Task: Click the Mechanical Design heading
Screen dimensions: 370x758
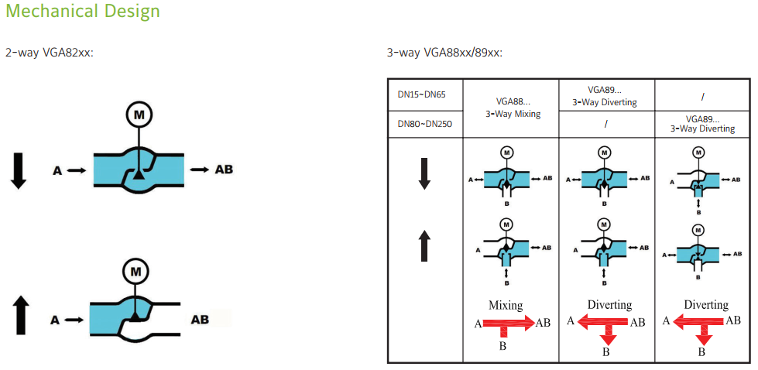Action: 82,12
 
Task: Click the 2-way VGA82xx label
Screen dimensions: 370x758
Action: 50,53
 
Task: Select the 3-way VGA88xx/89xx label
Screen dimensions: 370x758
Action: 444,53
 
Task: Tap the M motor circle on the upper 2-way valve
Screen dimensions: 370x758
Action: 139,115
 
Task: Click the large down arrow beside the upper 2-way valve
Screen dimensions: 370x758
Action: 19,170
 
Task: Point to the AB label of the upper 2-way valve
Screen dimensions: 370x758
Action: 224,170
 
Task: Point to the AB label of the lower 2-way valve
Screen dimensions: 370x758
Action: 201,319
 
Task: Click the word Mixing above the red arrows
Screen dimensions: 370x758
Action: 506,305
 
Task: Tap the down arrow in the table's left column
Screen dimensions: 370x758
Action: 424,173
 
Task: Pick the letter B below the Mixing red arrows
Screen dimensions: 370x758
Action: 502,347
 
